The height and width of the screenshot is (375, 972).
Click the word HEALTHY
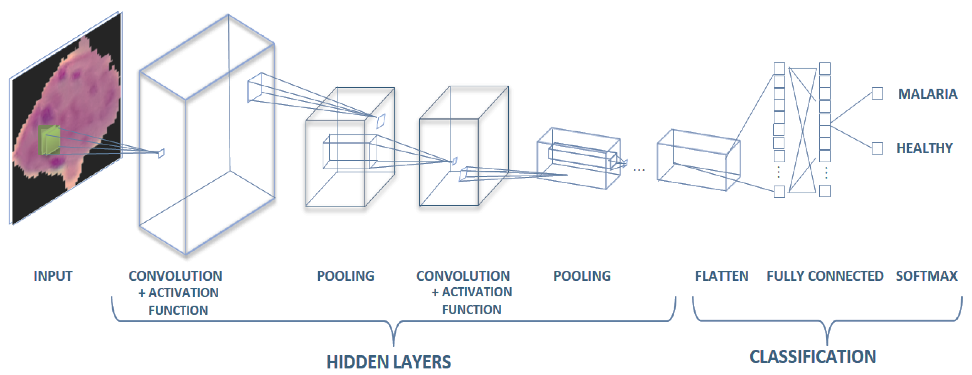point(924,148)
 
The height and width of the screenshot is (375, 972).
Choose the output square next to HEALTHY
point(877,148)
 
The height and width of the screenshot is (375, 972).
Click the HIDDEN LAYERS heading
point(388,362)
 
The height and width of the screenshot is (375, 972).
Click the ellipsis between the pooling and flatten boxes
point(639,170)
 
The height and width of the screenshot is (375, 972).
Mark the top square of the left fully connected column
point(779,69)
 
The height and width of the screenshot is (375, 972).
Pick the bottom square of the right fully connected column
point(825,191)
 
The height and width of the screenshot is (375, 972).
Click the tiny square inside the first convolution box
point(161,153)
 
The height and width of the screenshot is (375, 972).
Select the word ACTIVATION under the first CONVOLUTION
point(183,293)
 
